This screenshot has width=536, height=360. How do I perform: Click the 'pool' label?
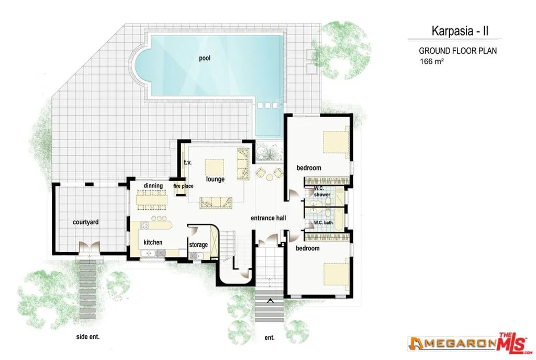click(x=204, y=58)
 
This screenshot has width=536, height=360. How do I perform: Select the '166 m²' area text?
click(x=431, y=62)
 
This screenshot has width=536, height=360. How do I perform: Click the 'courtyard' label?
click(x=86, y=222)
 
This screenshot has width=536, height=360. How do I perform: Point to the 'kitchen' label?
click(x=153, y=242)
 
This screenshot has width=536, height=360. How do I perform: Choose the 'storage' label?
click(x=198, y=245)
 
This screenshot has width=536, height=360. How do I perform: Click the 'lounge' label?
click(x=215, y=179)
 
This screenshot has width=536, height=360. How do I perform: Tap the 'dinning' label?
click(x=153, y=186)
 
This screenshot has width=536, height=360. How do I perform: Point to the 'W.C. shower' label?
click(x=322, y=192)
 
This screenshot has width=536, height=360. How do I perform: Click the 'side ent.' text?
click(x=87, y=337)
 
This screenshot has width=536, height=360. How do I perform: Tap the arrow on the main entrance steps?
click(x=270, y=300)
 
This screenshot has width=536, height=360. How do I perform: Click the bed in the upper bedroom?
click(x=336, y=142)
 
